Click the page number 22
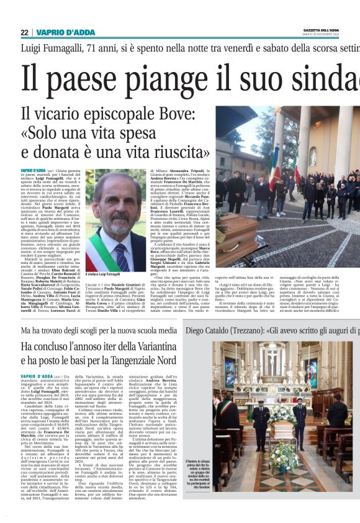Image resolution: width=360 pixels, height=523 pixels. (24, 32)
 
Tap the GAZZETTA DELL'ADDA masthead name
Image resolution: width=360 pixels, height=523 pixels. (335, 30)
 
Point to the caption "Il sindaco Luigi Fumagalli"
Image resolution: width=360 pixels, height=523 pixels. (103, 274)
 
